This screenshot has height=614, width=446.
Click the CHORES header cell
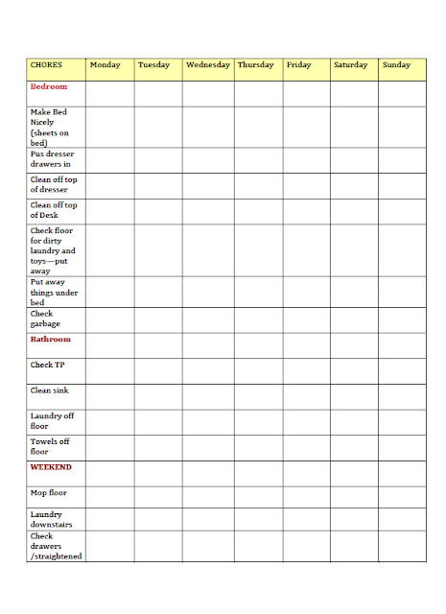(x=47, y=65)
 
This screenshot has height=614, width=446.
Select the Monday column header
(x=106, y=65)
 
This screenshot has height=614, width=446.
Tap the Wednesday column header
(x=208, y=65)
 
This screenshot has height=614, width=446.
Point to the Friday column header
(x=299, y=65)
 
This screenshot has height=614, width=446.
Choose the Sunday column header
(x=397, y=65)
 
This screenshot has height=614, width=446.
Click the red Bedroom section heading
(x=49, y=86)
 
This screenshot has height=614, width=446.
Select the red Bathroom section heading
(x=51, y=340)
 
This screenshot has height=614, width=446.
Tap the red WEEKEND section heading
(x=51, y=467)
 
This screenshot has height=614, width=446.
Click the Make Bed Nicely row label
(x=49, y=128)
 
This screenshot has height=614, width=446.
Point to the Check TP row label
(x=48, y=366)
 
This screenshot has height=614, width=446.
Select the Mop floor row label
(x=49, y=493)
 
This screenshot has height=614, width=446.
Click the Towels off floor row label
(x=52, y=446)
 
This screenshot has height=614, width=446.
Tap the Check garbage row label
(x=45, y=319)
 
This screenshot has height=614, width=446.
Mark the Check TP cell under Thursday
(x=258, y=371)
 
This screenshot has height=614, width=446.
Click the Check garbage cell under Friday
(x=306, y=320)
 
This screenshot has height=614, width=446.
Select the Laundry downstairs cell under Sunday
(x=402, y=521)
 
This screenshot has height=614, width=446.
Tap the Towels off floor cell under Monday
(x=109, y=448)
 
